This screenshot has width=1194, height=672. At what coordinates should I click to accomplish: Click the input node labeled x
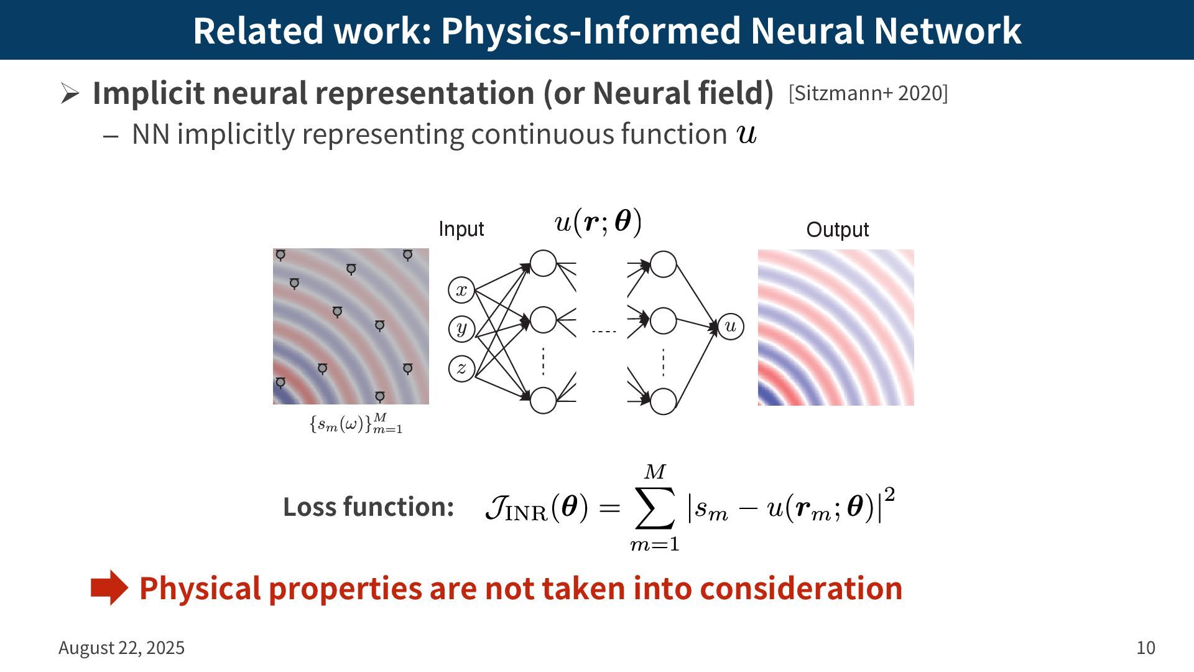[x=461, y=290]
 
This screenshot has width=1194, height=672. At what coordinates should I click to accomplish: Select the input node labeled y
[x=461, y=329]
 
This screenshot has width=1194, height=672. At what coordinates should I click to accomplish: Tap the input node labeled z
[x=461, y=368]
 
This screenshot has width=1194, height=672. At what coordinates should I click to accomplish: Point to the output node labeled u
[x=731, y=327]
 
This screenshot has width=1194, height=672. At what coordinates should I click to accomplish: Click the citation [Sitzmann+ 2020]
[x=868, y=93]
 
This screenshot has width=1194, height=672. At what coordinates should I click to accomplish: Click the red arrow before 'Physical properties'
[x=109, y=587]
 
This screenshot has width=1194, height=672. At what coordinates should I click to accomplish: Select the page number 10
[x=1145, y=648]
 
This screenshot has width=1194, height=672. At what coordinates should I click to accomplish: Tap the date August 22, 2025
[x=121, y=648]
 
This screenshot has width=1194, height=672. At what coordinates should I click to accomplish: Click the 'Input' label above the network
[x=461, y=229]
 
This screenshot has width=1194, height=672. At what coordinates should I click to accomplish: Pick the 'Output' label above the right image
[x=837, y=230]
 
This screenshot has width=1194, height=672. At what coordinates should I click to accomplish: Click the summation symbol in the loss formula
[x=655, y=508]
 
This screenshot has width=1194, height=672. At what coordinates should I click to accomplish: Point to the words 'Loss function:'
[x=368, y=507]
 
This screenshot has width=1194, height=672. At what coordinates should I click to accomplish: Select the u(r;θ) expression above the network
[x=598, y=222]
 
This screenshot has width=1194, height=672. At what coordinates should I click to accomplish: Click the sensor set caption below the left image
[x=356, y=424]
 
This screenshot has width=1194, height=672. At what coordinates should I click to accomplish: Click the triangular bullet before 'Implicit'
[x=70, y=93]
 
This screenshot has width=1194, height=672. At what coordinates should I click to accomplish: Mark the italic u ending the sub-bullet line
[x=746, y=134]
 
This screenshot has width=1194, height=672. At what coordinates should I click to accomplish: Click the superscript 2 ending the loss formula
[x=890, y=494]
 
